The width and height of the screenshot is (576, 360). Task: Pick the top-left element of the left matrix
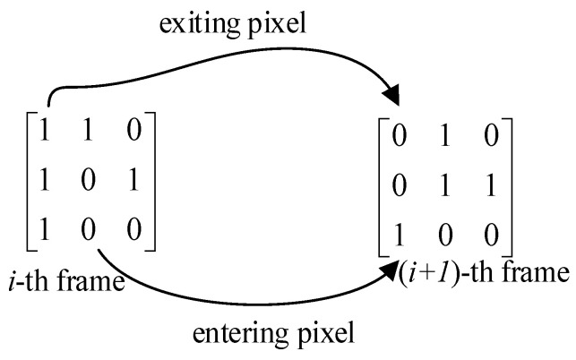tap(43, 132)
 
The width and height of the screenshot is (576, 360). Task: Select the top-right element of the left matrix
tap(132, 132)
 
